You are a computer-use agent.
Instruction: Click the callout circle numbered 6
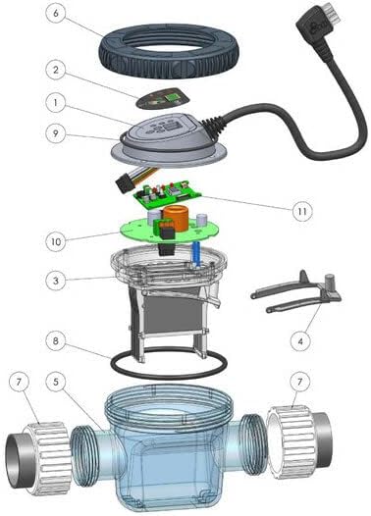[58, 14]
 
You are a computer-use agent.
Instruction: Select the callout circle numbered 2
[58, 71]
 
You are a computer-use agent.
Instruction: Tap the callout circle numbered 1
[58, 101]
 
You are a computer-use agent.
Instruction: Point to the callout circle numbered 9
[58, 129]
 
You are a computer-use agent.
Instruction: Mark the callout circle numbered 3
[58, 281]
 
